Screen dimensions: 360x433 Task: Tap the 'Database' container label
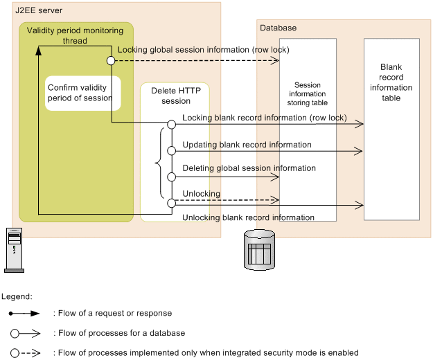[278, 28]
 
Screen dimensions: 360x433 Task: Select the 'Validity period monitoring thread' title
[75, 35]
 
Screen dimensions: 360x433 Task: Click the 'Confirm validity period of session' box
[80, 93]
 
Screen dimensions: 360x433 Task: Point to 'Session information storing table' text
[308, 93]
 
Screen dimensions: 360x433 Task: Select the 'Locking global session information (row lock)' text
[203, 50]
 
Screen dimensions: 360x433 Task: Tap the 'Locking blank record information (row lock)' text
[264, 118]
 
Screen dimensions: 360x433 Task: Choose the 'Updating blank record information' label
[247, 145]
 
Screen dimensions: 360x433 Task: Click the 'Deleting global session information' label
[249, 168]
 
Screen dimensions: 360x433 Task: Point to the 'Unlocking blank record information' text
[248, 218]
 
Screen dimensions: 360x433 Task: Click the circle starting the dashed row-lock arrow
[110, 61]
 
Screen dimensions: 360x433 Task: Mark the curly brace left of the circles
[158, 164]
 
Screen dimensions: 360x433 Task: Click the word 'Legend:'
[17, 296]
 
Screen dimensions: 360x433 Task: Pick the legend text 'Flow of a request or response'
[113, 314]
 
